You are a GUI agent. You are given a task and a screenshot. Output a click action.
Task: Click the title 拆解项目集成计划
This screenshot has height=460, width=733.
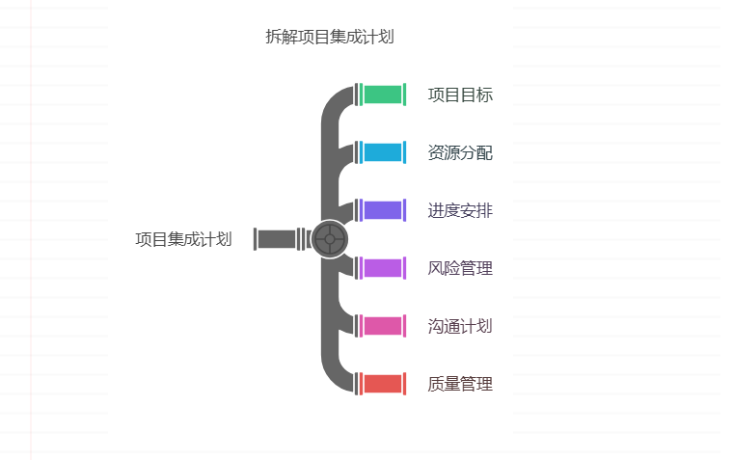coord(329,37)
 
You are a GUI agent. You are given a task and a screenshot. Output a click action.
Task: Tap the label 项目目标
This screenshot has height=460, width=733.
coord(460,95)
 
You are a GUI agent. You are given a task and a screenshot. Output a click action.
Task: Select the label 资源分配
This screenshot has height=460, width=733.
coord(460,152)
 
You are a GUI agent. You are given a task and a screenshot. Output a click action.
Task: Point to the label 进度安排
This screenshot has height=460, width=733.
coord(460,210)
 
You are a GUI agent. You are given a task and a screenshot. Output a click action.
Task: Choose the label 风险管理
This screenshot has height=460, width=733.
coord(460,268)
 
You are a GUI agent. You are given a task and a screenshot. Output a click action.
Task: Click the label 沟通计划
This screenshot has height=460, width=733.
coord(460,326)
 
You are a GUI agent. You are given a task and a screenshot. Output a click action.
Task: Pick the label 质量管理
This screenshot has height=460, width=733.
coord(460,384)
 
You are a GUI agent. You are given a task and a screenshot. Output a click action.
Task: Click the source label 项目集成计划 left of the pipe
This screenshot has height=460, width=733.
coord(183,239)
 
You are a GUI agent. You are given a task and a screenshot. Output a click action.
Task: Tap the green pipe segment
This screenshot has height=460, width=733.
coord(382,95)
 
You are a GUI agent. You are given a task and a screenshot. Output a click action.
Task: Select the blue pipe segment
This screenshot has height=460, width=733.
coord(382,152)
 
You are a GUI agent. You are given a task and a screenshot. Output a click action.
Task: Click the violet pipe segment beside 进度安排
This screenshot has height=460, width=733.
coord(382,210)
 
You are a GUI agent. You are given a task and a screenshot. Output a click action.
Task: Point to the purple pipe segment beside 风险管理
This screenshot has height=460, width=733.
coord(382,268)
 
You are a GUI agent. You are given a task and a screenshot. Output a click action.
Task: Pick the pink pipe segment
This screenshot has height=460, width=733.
coord(382,326)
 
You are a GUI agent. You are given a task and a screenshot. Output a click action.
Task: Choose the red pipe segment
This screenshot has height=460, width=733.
coord(382,384)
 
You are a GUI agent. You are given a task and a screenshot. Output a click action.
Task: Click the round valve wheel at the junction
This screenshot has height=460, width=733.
coord(330,239)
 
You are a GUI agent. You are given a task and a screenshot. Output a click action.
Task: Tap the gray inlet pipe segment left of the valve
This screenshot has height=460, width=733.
coord(277,239)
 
